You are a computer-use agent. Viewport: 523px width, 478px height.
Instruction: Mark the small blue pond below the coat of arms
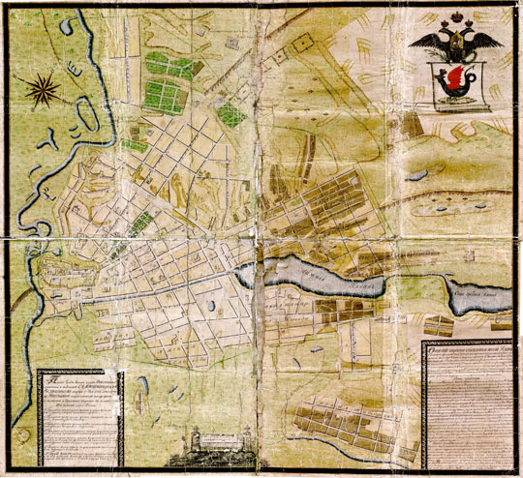pos(417,175)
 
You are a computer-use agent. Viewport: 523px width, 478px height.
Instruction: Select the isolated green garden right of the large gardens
pos(230,113)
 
